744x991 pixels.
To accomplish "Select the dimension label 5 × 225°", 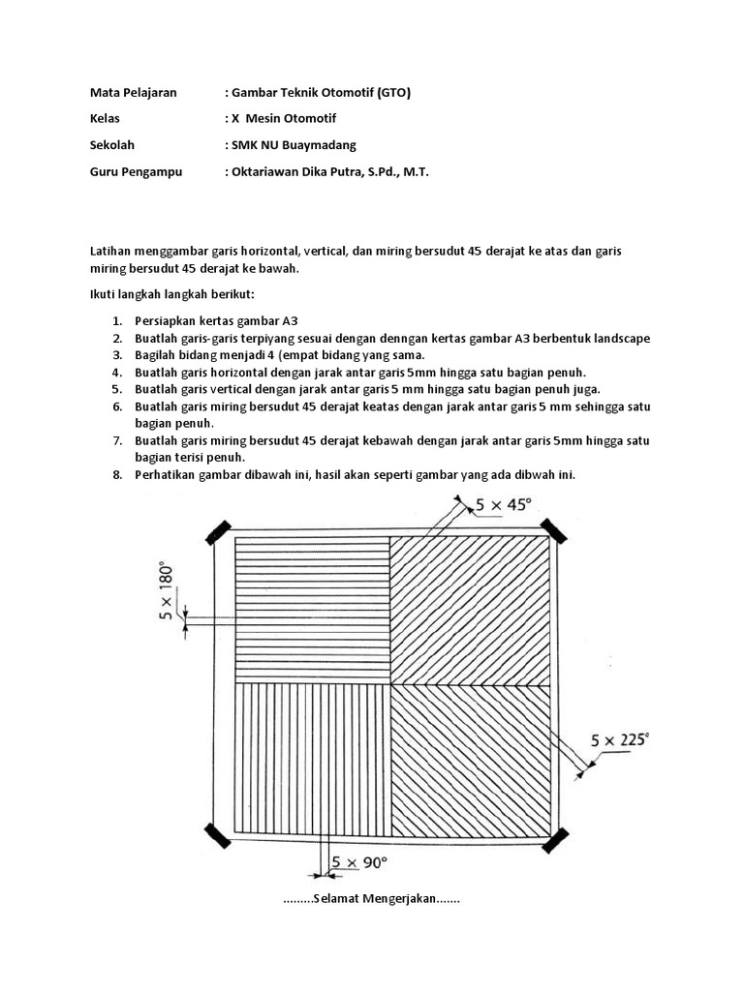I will coord(620,740).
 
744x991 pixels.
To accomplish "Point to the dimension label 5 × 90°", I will coord(359,861).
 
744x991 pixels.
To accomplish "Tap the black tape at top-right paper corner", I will coord(554,529).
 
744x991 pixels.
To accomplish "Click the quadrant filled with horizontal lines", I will coord(312,608).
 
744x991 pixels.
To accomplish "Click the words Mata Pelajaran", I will coord(134,93).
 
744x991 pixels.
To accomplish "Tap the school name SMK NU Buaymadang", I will coord(294,145).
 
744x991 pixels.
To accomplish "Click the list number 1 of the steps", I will coord(115,321).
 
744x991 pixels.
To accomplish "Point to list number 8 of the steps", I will coord(115,474).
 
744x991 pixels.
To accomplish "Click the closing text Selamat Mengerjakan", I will coord(373,899).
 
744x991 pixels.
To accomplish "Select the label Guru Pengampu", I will coord(135,171).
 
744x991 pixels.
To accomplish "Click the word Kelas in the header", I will coord(106,119).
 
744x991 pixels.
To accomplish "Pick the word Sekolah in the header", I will coord(112,145).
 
